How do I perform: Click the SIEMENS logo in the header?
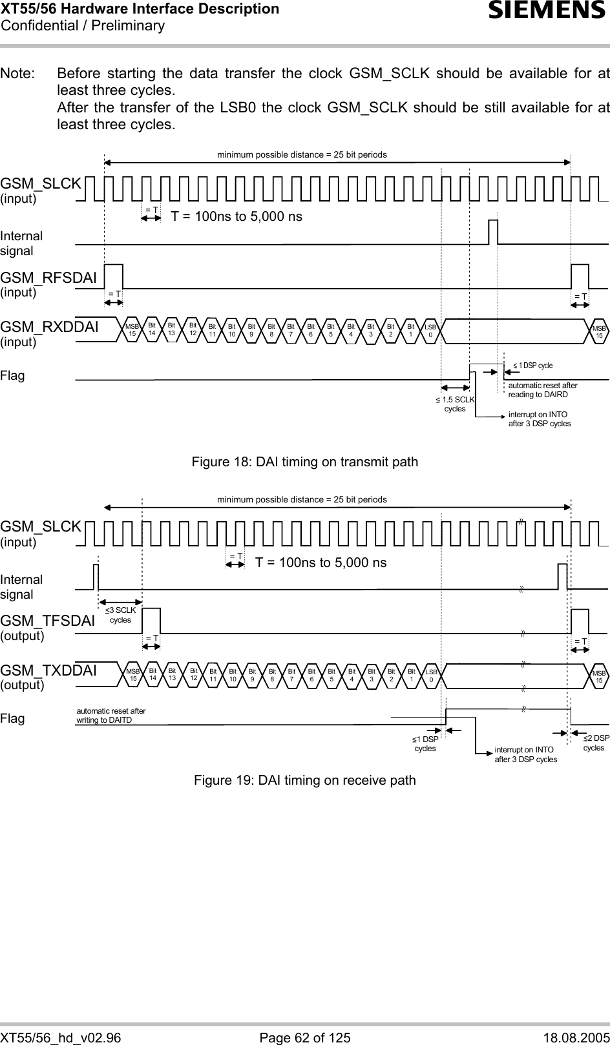tap(547, 10)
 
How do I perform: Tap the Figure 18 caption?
tap(305, 462)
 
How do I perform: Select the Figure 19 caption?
tap(305, 780)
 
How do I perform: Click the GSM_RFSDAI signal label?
tap(48, 278)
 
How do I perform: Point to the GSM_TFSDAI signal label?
tap(48, 621)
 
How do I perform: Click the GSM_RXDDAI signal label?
tap(50, 327)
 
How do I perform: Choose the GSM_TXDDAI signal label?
tap(48, 670)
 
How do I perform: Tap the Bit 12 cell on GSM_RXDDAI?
tap(193, 329)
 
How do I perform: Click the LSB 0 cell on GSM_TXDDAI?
tap(431, 676)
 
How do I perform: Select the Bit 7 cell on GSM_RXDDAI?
tap(291, 330)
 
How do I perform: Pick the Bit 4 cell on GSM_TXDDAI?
tap(352, 676)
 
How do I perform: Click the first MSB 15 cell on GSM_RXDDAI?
tap(132, 330)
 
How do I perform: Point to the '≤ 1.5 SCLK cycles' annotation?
tap(456, 404)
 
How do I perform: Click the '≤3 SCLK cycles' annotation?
tap(120, 615)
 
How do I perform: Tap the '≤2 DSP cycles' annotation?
tap(596, 743)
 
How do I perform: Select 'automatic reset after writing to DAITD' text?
tap(111, 715)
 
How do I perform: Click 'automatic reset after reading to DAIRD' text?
tap(543, 390)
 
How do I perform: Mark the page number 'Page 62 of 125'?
tap(305, 1037)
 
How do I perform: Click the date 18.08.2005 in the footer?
tap(577, 1037)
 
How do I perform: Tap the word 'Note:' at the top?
tap(17, 73)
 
